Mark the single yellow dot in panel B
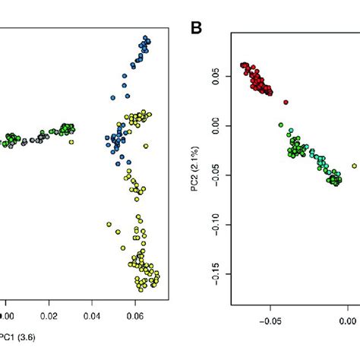pyautogui.click(x=354, y=166)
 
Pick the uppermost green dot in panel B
pyautogui.click(x=280, y=125)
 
